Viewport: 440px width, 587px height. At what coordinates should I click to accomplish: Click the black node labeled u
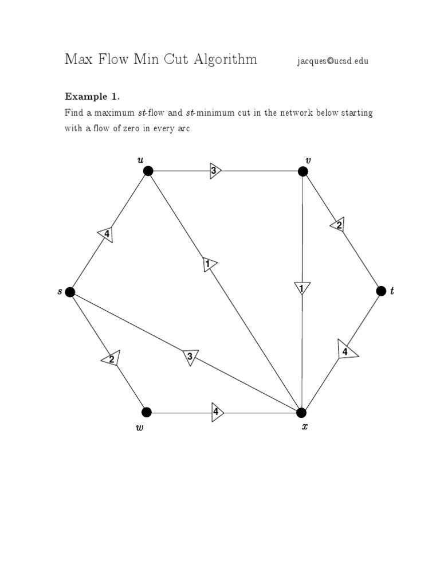point(148,170)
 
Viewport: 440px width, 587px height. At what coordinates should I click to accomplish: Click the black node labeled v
point(303,170)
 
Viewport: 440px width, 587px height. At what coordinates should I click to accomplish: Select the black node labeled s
point(70,292)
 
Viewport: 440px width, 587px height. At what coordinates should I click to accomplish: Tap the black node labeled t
point(381,291)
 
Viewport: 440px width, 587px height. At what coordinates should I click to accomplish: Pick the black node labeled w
point(147,412)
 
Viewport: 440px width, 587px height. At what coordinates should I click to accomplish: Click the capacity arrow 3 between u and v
point(215,170)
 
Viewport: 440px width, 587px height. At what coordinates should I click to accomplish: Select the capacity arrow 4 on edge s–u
point(106,234)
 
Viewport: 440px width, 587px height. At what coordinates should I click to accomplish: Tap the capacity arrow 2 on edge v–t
point(338,225)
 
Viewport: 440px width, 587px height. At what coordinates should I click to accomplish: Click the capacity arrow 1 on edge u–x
point(209,264)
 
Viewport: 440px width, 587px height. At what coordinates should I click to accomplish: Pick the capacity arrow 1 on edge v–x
point(301,288)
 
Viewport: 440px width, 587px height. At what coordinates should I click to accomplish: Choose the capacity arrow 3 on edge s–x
point(190,357)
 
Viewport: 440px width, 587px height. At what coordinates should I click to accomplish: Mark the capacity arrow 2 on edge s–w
point(111,359)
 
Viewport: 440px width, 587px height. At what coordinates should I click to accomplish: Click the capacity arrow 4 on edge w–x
point(217,412)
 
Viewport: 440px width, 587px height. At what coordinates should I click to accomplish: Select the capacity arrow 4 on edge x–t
point(346,350)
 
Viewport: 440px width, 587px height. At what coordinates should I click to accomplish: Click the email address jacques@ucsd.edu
point(333,61)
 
